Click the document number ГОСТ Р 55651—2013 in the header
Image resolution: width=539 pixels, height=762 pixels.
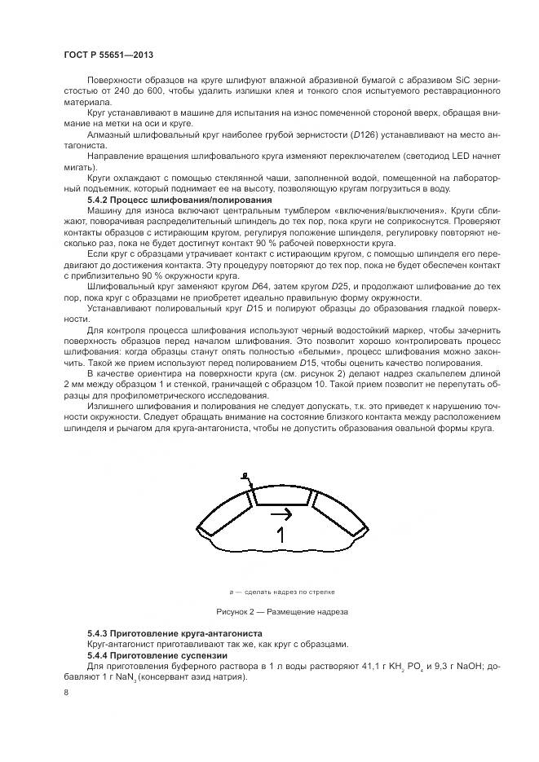tap(108, 55)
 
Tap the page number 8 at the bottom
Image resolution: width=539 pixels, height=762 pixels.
tap(65, 692)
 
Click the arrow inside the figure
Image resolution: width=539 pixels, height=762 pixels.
tap(281, 514)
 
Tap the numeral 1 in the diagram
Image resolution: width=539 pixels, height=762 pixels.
tap(280, 535)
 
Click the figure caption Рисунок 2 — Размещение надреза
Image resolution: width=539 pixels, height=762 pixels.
tap(281, 611)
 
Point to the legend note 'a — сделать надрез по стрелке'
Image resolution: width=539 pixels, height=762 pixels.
tap(281, 592)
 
